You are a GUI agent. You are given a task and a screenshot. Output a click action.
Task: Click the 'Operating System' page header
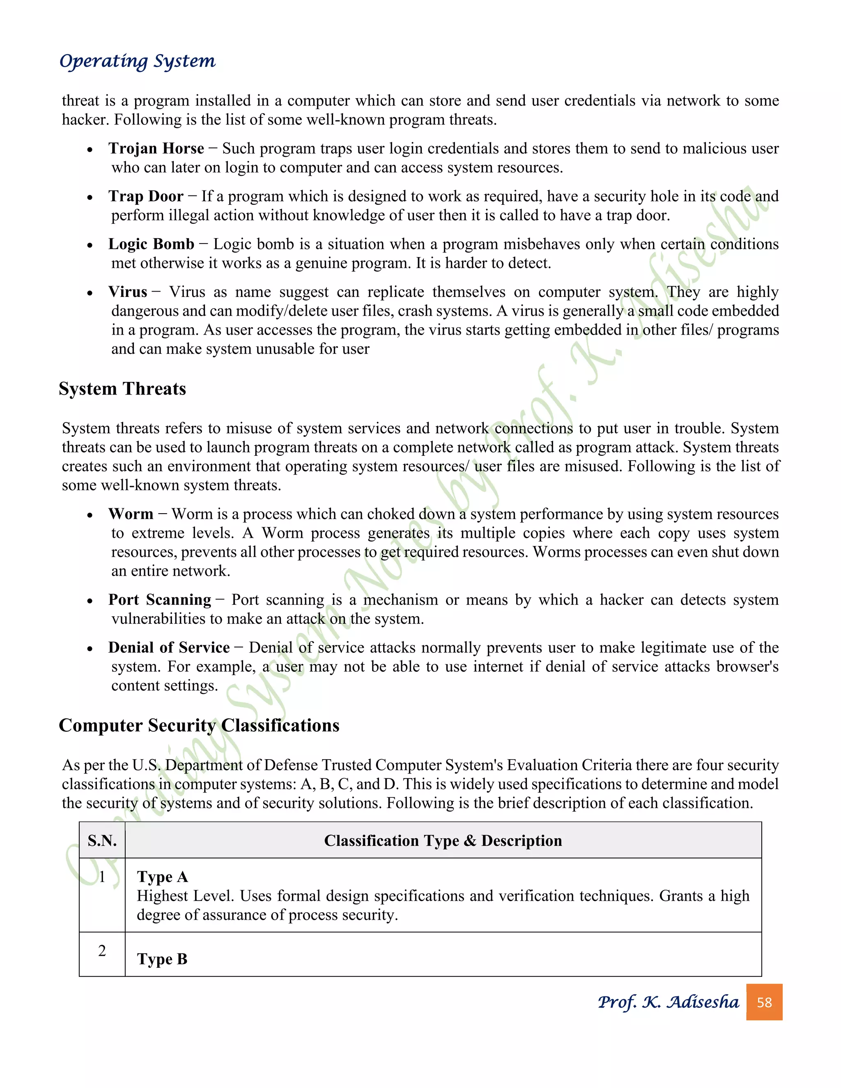(x=138, y=61)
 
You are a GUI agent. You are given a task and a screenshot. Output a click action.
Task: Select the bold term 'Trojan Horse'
(x=156, y=149)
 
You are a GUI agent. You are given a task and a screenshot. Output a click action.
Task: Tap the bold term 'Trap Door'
(x=146, y=196)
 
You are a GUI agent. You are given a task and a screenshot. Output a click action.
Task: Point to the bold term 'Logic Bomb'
(x=151, y=244)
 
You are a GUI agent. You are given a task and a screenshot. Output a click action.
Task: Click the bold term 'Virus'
(x=128, y=292)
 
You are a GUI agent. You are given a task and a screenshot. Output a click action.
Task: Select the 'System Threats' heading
(x=122, y=388)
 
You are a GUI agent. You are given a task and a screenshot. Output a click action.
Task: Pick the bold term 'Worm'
(x=131, y=514)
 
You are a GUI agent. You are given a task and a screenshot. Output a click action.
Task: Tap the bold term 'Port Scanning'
(x=159, y=600)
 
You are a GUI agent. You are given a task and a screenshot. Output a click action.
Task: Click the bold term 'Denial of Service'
(x=169, y=647)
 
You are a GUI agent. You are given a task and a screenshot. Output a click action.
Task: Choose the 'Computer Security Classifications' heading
(x=199, y=725)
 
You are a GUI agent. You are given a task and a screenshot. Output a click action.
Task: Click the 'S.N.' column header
(x=102, y=841)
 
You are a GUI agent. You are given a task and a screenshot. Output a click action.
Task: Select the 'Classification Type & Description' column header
(x=443, y=841)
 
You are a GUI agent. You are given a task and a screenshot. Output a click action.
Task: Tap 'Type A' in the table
(x=163, y=877)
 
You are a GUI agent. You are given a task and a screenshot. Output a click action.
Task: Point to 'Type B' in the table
(x=163, y=959)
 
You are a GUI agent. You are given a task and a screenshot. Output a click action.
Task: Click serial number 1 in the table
(x=102, y=877)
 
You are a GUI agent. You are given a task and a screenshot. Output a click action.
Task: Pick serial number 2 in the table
(x=102, y=950)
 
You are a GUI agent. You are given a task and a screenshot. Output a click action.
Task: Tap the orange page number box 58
(x=764, y=1002)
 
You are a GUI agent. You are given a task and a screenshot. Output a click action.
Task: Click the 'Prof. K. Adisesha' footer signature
(x=668, y=1002)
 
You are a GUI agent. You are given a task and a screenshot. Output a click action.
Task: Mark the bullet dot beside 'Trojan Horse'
(x=90, y=150)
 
